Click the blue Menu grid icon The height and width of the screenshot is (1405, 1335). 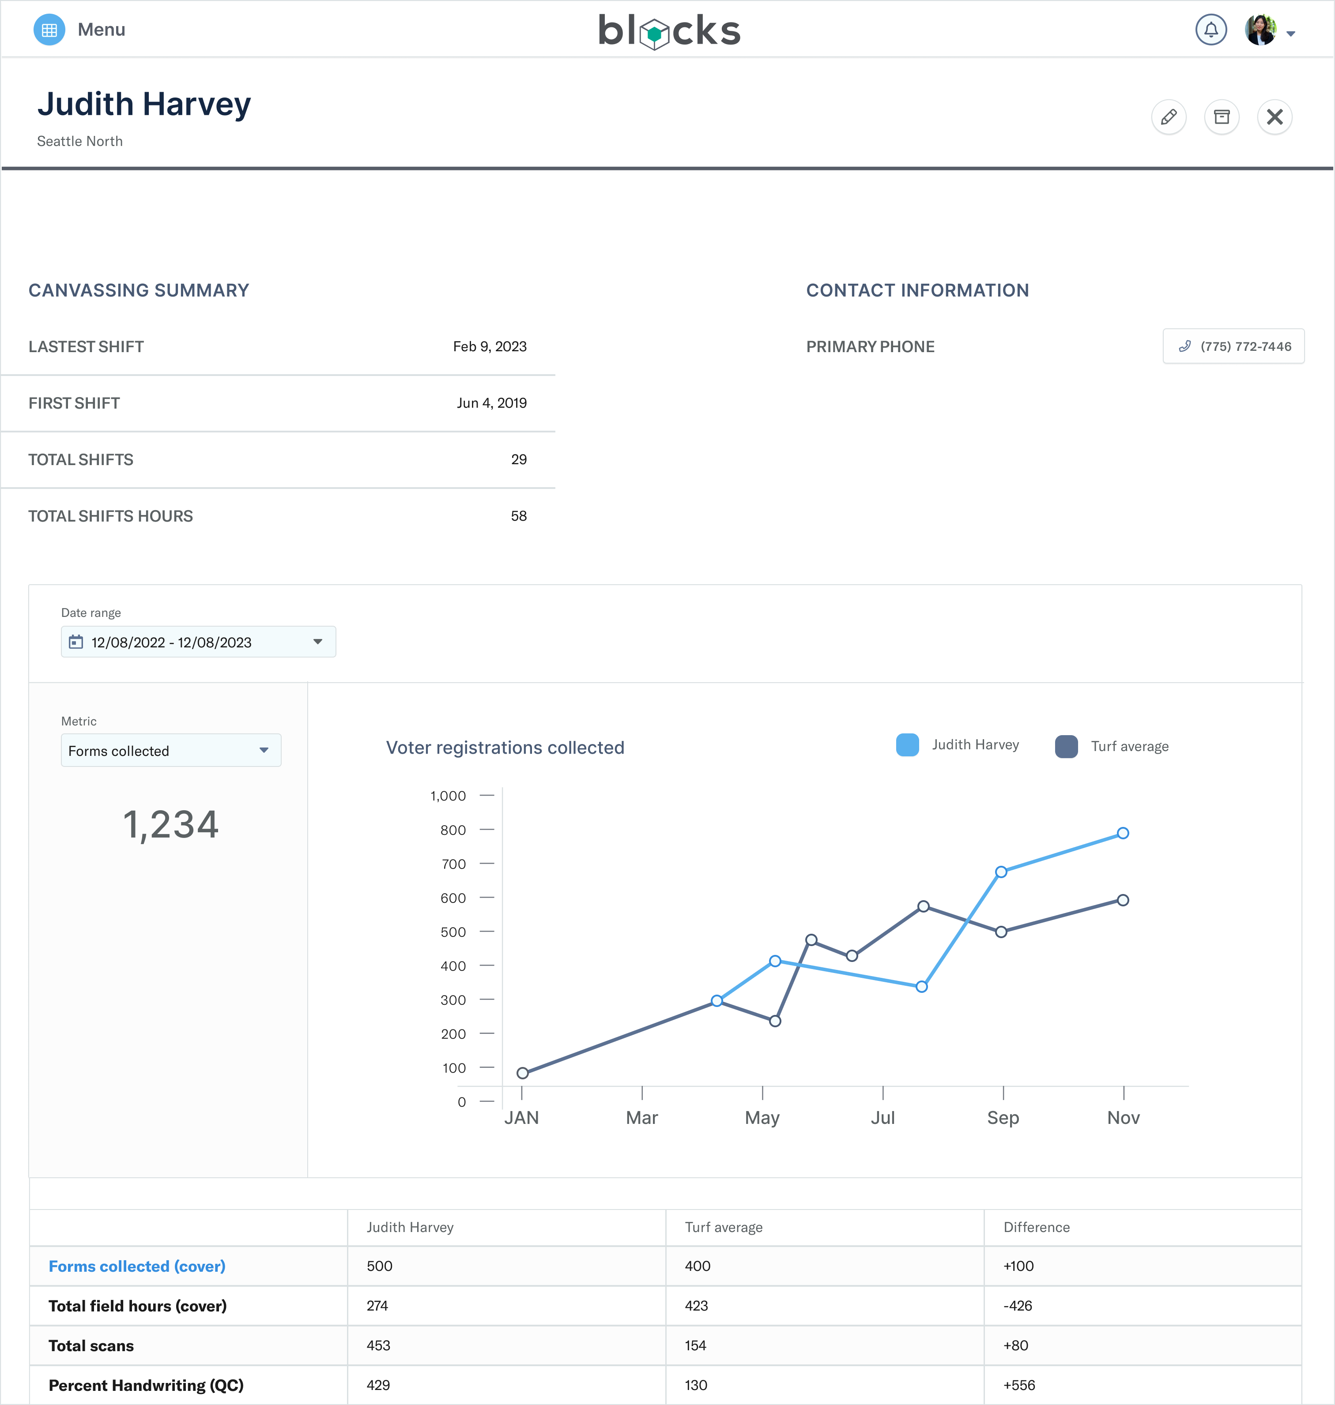(49, 30)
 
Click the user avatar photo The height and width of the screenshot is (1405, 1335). (1260, 30)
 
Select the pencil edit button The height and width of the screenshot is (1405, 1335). (1169, 116)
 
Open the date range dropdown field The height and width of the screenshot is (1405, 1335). (199, 642)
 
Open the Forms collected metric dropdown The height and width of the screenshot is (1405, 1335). (171, 751)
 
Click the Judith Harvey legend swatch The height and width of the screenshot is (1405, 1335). (907, 745)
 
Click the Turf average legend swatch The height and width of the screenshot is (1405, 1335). (1066, 746)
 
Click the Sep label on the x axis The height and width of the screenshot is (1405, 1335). (1003, 1118)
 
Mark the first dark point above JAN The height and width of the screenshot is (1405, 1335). (522, 1073)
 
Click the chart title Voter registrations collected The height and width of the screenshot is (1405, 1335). (505, 748)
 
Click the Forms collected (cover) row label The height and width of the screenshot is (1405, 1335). (136, 1266)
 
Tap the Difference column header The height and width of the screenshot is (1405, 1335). (1036, 1227)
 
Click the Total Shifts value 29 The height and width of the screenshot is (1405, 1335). (519, 459)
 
